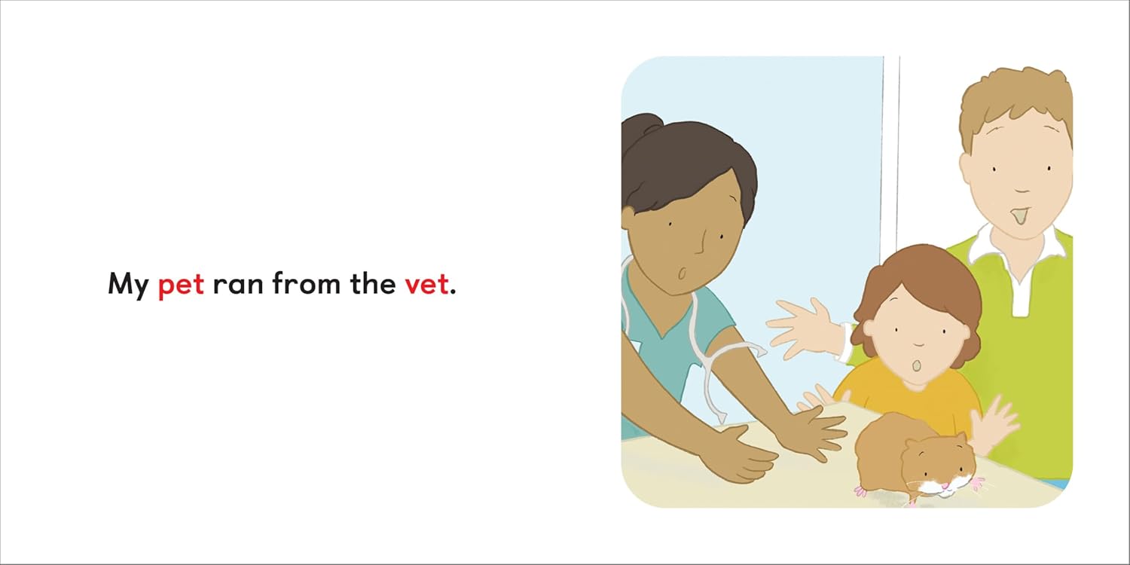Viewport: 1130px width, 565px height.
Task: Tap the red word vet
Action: pos(426,284)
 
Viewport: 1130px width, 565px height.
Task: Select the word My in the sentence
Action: pos(128,285)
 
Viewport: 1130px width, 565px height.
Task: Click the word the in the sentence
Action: pos(373,283)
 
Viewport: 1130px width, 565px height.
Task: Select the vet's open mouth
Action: pos(682,273)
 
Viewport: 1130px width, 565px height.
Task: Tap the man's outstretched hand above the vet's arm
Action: pos(807,328)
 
